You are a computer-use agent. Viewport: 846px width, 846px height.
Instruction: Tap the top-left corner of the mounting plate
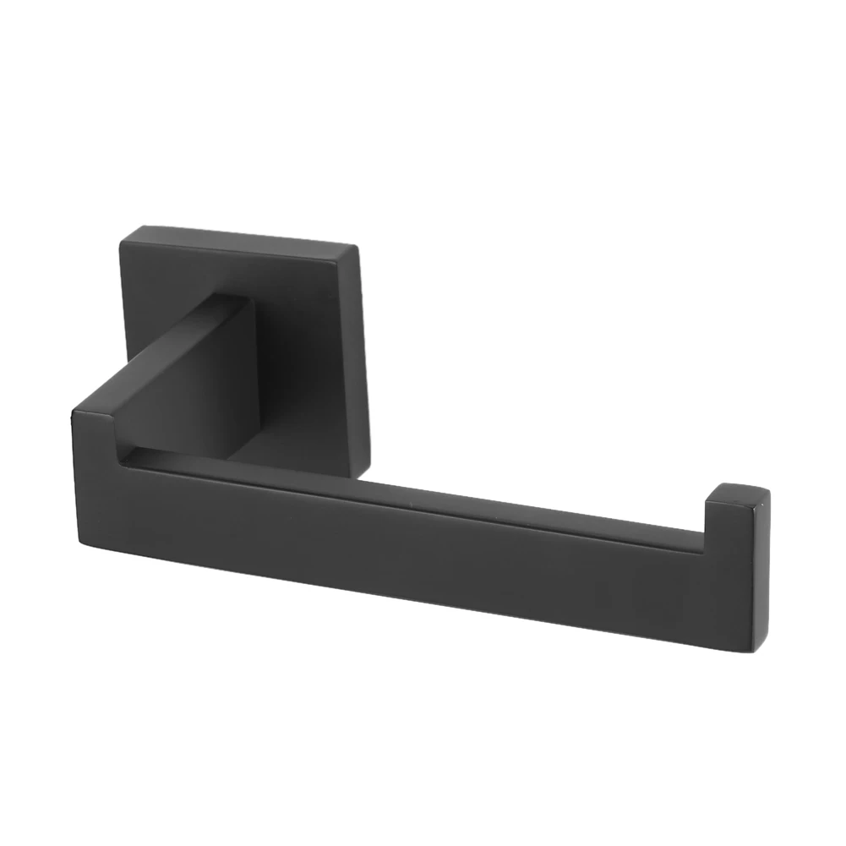coord(123,239)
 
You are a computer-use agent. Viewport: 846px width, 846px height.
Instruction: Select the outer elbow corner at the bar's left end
coord(74,412)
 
